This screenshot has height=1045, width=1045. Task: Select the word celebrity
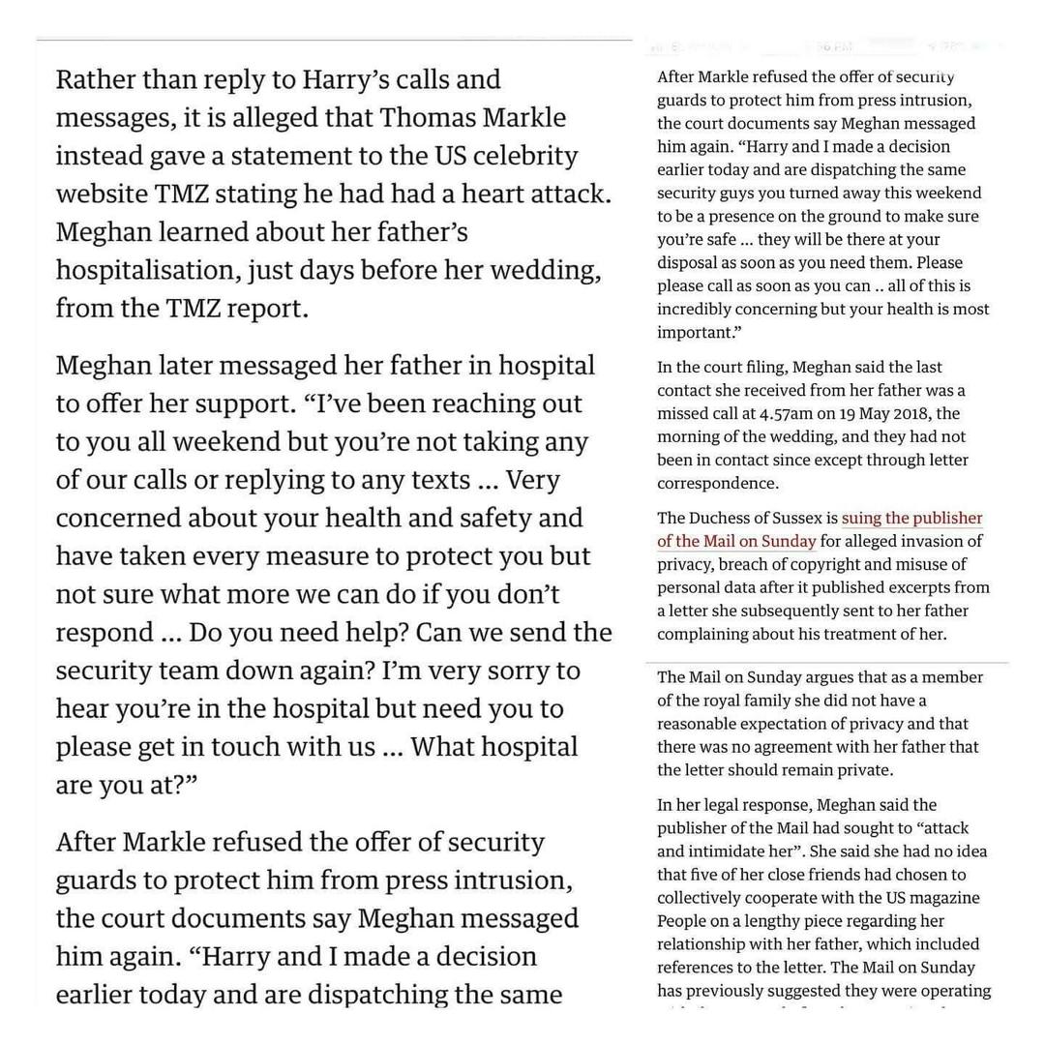coord(522,156)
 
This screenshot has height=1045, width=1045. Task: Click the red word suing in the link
coord(862,518)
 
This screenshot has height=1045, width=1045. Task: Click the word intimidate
coord(740,851)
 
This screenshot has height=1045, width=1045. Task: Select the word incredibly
coord(703,310)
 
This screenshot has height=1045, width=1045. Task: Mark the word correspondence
coord(717,483)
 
